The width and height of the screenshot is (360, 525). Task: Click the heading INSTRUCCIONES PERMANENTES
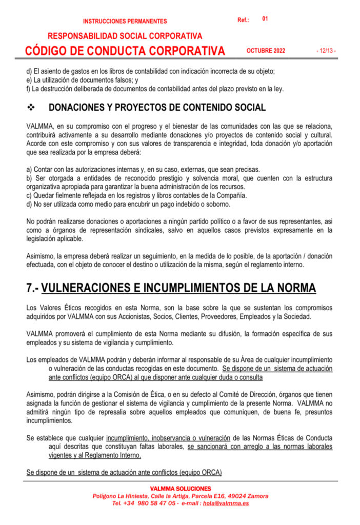[x=125, y=22]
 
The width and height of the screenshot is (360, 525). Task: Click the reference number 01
[x=265, y=19]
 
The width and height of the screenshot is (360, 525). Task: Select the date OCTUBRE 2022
[x=266, y=51]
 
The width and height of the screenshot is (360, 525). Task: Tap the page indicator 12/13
[x=326, y=51]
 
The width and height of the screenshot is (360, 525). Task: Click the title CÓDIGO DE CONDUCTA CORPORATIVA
[x=125, y=51]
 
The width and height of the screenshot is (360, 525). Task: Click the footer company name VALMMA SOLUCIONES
[x=180, y=489]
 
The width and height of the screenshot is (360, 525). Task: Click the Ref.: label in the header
[x=243, y=20]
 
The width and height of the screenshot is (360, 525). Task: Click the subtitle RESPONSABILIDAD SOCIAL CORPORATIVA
[x=125, y=36]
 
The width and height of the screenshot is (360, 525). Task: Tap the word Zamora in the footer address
[x=258, y=496]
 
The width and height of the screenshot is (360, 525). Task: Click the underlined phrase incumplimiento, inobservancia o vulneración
[x=168, y=438]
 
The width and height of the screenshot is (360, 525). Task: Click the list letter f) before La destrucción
[x=29, y=89]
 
